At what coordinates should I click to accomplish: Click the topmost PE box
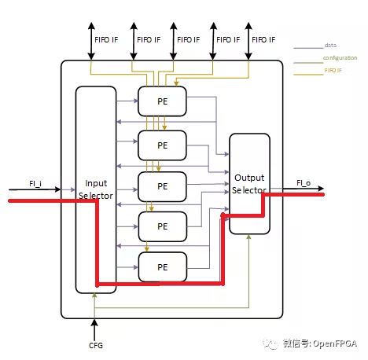click(163, 101)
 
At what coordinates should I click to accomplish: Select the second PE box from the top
click(163, 145)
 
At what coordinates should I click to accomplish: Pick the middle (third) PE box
click(163, 186)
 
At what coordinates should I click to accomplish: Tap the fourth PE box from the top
click(163, 226)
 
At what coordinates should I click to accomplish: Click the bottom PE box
click(163, 267)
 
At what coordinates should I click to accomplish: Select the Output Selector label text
click(249, 184)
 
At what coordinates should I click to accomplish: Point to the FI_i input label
click(35, 183)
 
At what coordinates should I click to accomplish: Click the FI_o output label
click(303, 183)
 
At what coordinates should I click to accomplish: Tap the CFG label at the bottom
click(95, 345)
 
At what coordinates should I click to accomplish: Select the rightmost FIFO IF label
click(263, 39)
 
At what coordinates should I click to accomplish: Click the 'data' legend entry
click(330, 46)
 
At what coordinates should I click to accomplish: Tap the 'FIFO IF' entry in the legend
click(333, 71)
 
